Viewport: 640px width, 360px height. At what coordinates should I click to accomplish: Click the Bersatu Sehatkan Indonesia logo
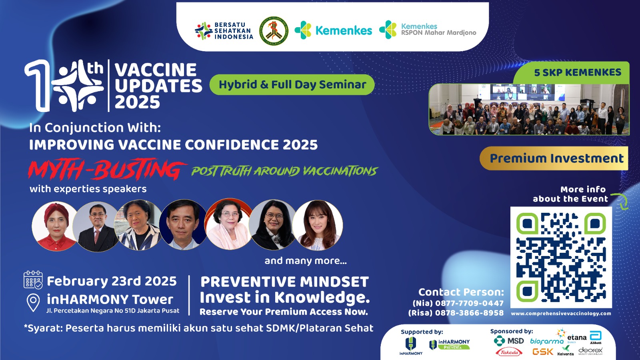point(224,31)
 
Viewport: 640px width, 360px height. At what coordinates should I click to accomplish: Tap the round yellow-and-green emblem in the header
point(274,31)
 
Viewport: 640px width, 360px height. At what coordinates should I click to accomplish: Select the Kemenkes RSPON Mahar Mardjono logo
point(428,30)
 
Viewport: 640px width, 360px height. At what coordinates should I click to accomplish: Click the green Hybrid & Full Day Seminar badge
point(292,85)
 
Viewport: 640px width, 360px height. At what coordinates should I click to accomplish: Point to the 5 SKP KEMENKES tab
point(577,72)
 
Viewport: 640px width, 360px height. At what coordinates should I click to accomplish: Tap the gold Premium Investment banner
point(556,158)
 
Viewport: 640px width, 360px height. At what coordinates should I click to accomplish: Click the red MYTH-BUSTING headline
point(106,170)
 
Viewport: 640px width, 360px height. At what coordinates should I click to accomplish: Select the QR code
point(561,257)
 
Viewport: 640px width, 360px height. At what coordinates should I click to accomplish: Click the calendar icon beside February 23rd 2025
point(33,280)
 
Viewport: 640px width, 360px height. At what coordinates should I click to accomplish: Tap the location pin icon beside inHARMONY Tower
point(33,302)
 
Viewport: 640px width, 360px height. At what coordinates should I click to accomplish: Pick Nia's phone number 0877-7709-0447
point(469,303)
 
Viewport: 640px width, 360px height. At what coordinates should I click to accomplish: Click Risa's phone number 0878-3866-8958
point(469,313)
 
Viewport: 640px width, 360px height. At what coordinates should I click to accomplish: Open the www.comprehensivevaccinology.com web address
point(561,314)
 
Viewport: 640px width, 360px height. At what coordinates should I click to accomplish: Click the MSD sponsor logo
point(509,341)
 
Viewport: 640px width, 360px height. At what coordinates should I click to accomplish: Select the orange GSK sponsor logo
point(543,352)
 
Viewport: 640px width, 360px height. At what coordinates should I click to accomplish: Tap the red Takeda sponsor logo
point(509,352)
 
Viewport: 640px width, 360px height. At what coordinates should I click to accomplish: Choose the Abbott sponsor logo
point(596,337)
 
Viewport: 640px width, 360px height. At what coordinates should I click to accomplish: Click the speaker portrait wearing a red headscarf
point(55,226)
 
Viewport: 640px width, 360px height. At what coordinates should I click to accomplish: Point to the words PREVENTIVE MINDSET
point(284,282)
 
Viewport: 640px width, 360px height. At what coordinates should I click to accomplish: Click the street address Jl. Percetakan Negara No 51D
point(113,311)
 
